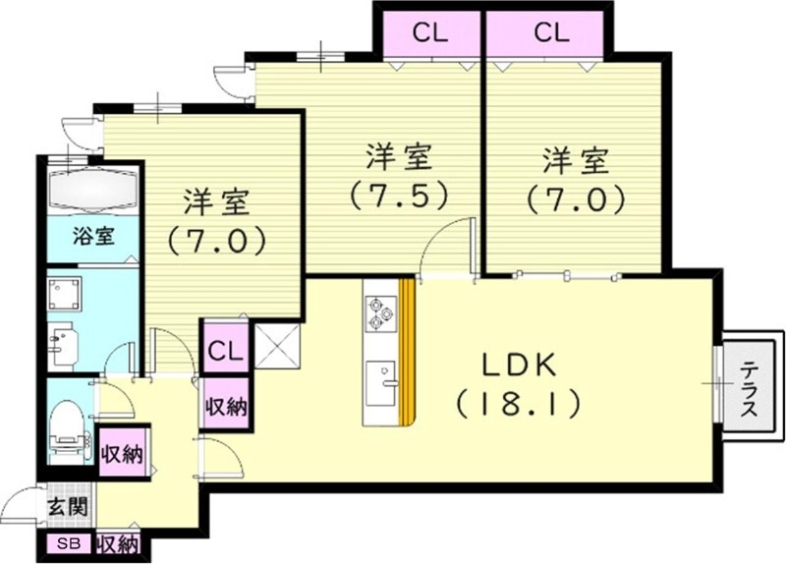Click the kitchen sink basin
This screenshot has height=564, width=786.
[x=379, y=379]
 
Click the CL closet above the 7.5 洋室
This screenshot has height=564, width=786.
[x=429, y=32]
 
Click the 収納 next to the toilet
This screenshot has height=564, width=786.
[x=124, y=453]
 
